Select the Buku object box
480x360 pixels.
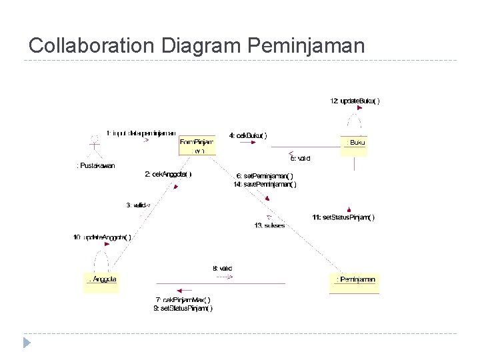coord(354,143)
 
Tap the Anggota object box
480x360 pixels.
coord(102,281)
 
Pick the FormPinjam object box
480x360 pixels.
coord(197,145)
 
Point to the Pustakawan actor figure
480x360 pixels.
coord(95,145)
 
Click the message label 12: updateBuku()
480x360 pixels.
coord(355,101)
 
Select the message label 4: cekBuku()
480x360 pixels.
coord(248,135)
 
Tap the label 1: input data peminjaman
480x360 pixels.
coord(141,132)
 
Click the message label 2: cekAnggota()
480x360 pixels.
coord(168,174)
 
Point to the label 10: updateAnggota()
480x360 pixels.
coord(102,237)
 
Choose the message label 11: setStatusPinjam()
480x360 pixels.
coord(343,217)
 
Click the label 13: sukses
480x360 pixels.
coord(269,225)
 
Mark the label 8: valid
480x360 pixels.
coord(223,268)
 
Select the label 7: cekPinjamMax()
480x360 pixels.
coord(183,299)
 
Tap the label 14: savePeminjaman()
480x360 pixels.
coord(265,185)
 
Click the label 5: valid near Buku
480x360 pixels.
coord(299,159)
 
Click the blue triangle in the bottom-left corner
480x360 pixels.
coord(27,343)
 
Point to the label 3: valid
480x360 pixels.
coord(138,205)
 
